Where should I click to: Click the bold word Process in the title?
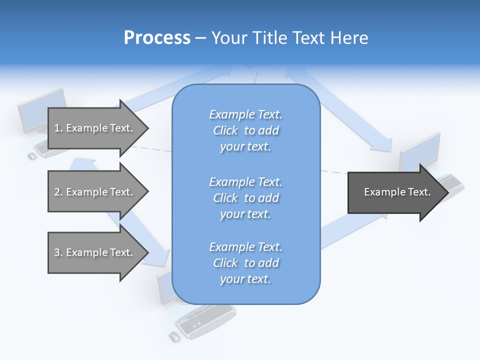click(x=157, y=38)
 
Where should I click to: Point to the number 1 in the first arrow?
click(x=57, y=128)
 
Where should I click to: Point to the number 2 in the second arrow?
click(x=57, y=192)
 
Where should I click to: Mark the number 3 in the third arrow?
click(x=57, y=252)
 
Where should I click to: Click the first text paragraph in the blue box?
click(x=245, y=130)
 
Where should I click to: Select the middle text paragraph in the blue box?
click(x=245, y=198)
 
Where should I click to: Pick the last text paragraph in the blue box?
click(x=245, y=263)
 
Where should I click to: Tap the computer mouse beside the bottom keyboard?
click(x=174, y=337)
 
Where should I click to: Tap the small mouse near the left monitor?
click(x=32, y=156)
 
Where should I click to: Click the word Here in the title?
click(x=349, y=38)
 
